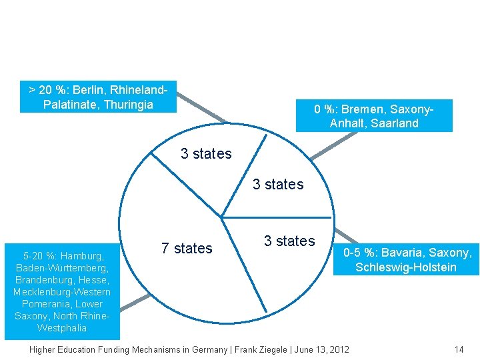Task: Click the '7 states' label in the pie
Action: (x=187, y=249)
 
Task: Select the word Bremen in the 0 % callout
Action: (x=361, y=109)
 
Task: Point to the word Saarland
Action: (x=396, y=123)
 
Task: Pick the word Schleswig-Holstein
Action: (x=406, y=267)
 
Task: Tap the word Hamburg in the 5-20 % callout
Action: (x=83, y=255)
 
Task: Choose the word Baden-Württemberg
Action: (x=59, y=267)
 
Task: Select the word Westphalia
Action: (x=62, y=327)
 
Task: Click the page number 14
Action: (x=458, y=349)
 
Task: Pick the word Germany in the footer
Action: (x=204, y=349)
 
